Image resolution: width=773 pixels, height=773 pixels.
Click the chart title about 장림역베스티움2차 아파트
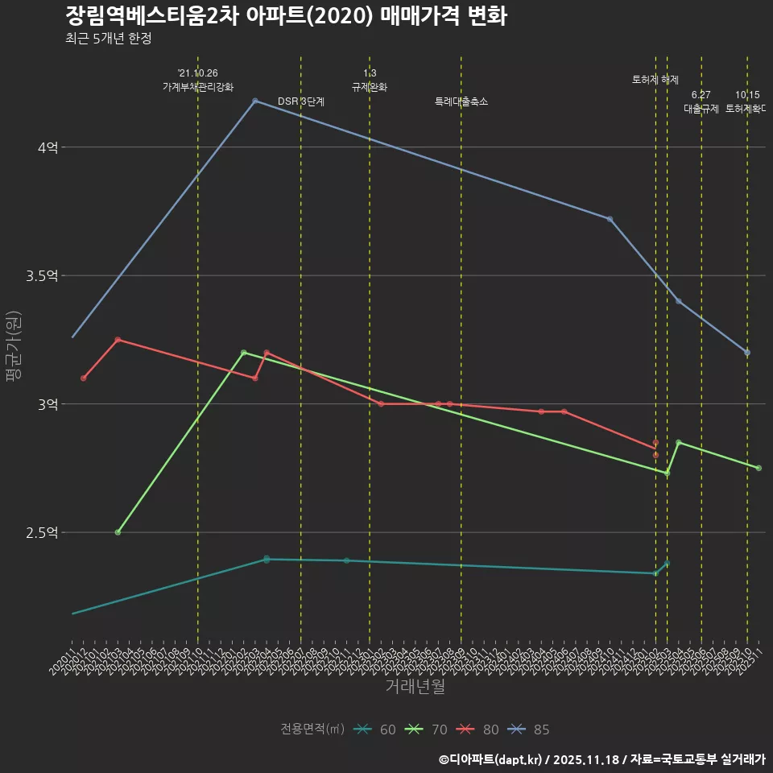[x=286, y=16]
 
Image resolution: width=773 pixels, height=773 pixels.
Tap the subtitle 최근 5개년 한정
[x=109, y=38]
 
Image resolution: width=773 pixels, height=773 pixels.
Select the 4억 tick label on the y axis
[x=48, y=147]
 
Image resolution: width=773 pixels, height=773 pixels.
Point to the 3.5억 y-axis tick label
[x=42, y=276]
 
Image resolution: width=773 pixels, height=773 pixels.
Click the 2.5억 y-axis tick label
[x=42, y=533]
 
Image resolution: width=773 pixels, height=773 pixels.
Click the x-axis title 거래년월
[x=415, y=687]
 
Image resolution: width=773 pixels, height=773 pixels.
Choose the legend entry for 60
[x=375, y=730]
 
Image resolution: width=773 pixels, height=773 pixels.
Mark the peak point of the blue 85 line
[x=255, y=101]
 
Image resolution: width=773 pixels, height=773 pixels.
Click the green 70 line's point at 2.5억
[x=118, y=532]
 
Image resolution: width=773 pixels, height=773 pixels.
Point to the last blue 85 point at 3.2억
[x=747, y=353]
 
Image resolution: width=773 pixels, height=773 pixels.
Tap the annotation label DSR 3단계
[x=301, y=101]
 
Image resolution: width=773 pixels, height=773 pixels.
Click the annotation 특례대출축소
[x=461, y=101]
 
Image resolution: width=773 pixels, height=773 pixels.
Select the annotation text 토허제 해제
[x=655, y=80]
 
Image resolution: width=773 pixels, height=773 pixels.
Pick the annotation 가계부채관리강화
[x=198, y=86]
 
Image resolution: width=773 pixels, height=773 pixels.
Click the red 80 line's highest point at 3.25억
[x=118, y=340]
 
